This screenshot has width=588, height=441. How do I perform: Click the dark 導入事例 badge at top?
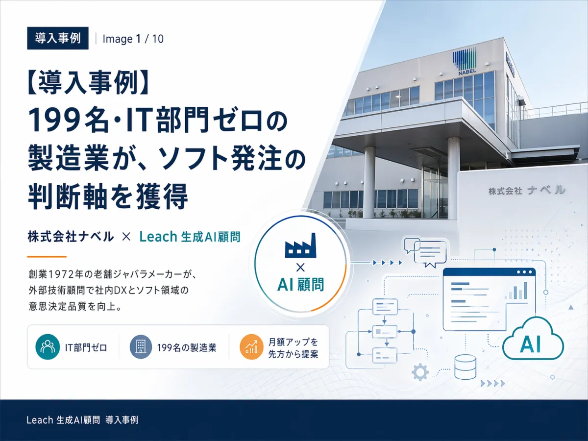pos(58,38)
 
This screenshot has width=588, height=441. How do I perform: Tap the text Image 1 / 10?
pos(133,39)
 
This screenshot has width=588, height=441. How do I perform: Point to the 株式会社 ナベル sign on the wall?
pos(527,191)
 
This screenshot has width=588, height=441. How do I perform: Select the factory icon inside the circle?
pos(300,245)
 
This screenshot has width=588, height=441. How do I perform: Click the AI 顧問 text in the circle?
pos(300,284)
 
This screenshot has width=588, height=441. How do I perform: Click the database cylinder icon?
pos(465,367)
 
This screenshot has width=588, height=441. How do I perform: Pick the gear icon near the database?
pos(420,372)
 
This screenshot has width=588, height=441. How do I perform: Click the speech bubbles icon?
pos(425,252)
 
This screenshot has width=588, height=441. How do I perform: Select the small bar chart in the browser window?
pos(515,291)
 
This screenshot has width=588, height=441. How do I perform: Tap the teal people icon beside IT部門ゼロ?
pos(48,347)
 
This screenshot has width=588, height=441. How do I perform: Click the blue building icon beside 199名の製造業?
pos(141,347)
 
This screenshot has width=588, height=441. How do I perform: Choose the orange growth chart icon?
pos(251,347)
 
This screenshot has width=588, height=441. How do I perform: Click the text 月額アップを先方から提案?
pos(293,348)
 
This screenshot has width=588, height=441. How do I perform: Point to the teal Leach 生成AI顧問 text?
pos(190,237)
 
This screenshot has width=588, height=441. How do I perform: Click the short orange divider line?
pos(47,256)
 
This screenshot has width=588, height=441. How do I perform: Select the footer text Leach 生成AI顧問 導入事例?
pos(82,420)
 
